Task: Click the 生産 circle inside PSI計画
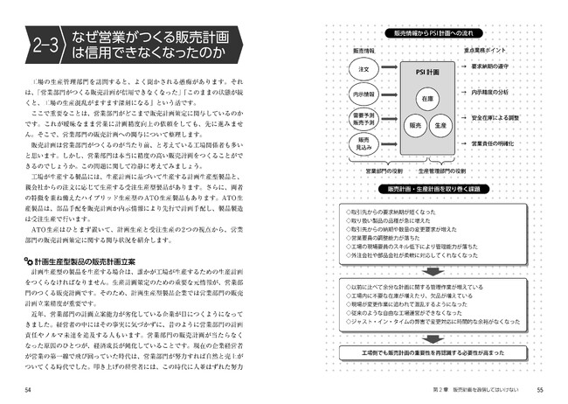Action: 441,125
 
